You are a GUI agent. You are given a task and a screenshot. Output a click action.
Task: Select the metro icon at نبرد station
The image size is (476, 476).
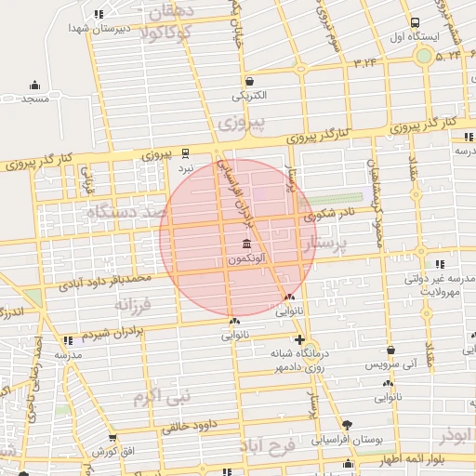click(x=186, y=152)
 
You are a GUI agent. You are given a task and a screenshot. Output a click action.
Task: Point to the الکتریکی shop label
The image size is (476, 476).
click(x=248, y=95)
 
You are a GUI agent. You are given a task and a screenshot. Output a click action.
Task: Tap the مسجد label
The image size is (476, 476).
click(x=37, y=98)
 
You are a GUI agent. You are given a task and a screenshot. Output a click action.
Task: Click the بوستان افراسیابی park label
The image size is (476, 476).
click(x=348, y=438)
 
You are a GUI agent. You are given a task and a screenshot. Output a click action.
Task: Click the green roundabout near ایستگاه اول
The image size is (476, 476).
click(x=424, y=57)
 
